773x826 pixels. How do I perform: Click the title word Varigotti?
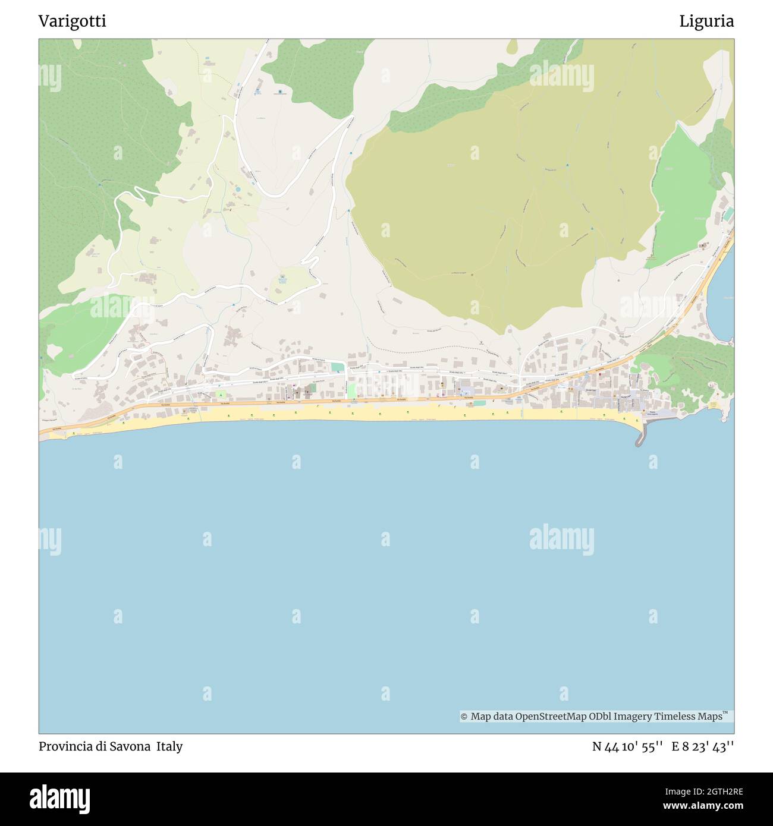click(72, 21)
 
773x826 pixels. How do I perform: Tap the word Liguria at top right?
click(706, 21)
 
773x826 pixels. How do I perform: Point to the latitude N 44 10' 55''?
click(627, 746)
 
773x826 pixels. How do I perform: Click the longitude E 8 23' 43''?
click(703, 746)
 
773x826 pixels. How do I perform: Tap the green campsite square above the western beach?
click(221, 394)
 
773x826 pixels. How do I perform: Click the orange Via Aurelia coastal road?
click(297, 403)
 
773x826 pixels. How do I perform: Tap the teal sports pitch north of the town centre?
click(337, 367)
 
